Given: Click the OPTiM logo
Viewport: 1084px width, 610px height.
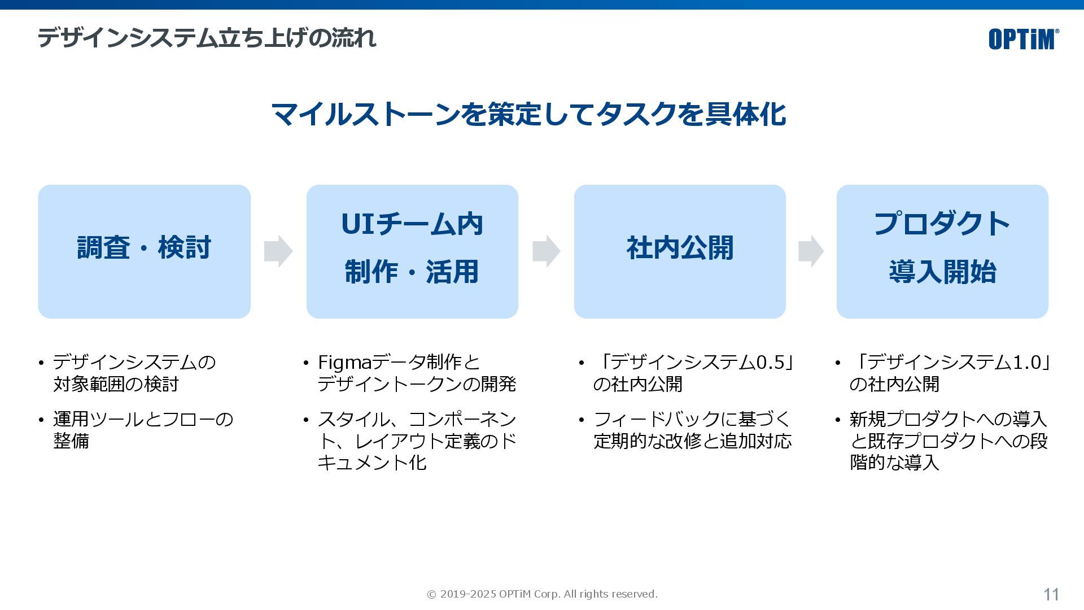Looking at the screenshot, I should point(1023,39).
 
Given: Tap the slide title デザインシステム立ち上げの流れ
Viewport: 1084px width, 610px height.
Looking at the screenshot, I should point(207,38).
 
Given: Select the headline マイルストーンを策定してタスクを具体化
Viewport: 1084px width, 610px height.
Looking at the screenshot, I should point(528,114).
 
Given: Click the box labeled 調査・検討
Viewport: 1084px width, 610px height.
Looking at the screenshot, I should point(144,251).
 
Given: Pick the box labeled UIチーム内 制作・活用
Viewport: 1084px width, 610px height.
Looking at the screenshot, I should point(412,251).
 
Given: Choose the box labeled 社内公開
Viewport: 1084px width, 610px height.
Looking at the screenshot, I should point(680,251).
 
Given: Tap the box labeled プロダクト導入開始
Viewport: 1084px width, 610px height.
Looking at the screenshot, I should point(942,251).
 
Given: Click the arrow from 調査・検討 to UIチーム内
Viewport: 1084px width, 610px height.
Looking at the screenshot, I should point(278,251).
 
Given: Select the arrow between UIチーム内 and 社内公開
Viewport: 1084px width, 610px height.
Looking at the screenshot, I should point(546,251).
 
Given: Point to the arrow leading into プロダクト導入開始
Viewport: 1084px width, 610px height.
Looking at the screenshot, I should point(811,251).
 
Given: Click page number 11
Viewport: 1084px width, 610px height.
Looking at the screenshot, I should point(1051,594).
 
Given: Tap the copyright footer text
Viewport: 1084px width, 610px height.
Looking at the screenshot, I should point(542,594).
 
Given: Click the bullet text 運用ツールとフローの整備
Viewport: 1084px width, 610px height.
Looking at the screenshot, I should point(143,430).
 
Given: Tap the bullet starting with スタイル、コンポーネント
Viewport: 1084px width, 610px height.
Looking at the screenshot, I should point(417,441).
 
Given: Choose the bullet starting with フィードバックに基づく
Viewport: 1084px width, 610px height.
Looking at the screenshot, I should point(692,430).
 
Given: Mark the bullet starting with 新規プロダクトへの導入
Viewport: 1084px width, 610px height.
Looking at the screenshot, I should point(948,441).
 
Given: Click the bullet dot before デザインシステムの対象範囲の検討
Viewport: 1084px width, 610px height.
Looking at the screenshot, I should point(41,363).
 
